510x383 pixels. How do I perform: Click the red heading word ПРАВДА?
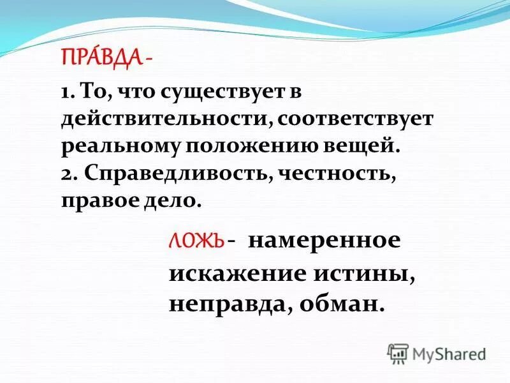point(101,59)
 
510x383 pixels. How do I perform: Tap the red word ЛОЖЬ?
point(196,242)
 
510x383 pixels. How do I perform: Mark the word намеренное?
point(324,242)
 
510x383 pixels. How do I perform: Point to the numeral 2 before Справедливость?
point(66,173)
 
